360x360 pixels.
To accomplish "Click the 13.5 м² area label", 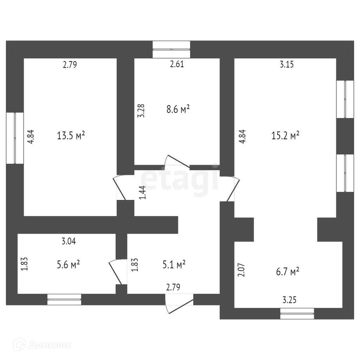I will click(71, 135).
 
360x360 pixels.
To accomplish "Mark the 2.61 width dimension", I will click(177, 64).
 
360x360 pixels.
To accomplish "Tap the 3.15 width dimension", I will click(287, 64).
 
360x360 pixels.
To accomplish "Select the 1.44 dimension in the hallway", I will click(143, 193).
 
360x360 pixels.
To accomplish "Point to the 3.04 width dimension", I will click(69, 242).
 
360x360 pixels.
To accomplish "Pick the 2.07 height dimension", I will click(241, 270).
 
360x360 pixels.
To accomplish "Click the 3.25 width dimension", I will click(290, 300).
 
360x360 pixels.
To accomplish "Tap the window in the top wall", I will click(172, 49).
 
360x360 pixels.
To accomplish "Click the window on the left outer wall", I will click(15, 138).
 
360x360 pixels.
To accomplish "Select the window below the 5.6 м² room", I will click(64, 300).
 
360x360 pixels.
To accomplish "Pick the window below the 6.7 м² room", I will click(297, 313).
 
